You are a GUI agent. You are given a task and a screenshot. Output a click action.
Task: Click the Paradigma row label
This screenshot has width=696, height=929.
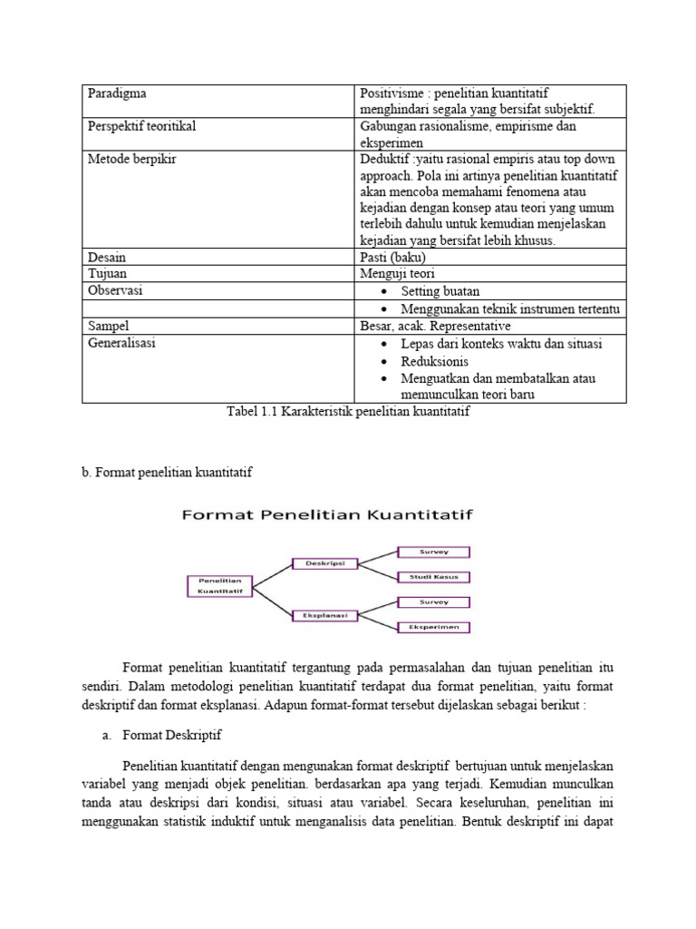[x=117, y=93]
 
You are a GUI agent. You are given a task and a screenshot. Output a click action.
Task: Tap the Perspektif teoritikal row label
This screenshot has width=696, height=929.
[x=141, y=126]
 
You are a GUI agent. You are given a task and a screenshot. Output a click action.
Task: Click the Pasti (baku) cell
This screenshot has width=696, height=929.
[x=392, y=257]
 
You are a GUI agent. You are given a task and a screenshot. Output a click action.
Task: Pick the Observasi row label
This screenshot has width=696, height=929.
[x=115, y=290]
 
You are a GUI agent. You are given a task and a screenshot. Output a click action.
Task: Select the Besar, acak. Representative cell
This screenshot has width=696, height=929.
[x=435, y=326]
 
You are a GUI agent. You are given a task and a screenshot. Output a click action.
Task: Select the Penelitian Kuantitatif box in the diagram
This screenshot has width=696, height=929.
[x=219, y=584]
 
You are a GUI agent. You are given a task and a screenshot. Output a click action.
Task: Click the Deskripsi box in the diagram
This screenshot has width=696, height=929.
[x=324, y=562]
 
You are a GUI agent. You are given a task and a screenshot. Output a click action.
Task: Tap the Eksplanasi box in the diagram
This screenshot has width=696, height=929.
[x=324, y=616]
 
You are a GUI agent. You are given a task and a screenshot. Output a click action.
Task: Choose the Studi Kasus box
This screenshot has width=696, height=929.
[x=434, y=576]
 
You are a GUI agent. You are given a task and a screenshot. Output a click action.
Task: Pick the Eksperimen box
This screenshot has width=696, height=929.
[x=434, y=627]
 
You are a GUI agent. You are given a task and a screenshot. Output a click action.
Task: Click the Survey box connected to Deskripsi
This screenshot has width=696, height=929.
[x=434, y=551]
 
